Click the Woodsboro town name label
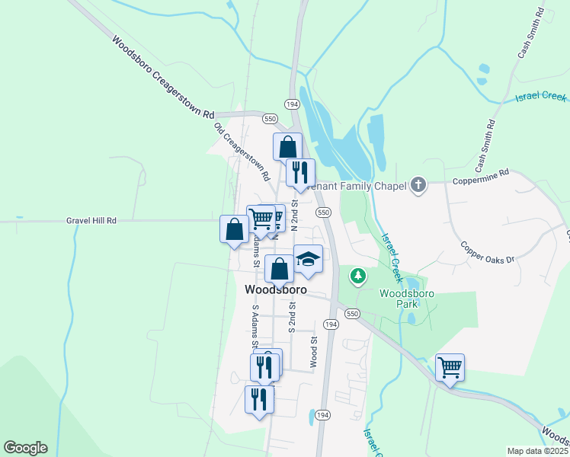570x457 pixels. (276, 290)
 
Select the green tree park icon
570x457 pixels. (356, 275)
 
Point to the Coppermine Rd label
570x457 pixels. (480, 182)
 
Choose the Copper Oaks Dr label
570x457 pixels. (488, 251)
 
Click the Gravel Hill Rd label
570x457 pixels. (91, 220)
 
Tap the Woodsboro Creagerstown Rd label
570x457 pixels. (162, 77)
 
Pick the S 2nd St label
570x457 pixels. (291, 320)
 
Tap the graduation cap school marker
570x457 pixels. (308, 260)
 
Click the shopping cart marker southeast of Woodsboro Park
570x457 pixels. (450, 368)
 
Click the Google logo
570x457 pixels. (25, 448)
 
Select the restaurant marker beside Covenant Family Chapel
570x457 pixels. (300, 171)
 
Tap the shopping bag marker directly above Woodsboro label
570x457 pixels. (280, 268)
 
